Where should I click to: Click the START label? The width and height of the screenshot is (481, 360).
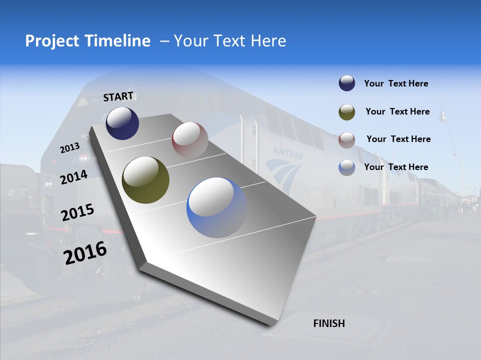(118, 96)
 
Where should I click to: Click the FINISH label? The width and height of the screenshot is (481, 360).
(329, 323)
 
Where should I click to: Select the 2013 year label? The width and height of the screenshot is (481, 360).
(70, 148)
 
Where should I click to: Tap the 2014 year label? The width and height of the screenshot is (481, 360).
(74, 177)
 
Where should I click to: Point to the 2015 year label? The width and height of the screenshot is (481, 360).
(77, 212)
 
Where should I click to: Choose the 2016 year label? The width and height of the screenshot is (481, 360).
(85, 252)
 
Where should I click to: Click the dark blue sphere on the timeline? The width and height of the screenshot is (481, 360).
(122, 123)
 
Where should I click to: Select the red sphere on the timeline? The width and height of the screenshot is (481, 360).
(190, 139)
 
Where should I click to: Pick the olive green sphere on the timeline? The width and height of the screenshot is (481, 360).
(145, 180)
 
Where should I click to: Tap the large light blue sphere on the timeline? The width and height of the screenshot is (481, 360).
(216, 207)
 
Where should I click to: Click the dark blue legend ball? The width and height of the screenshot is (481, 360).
(347, 83)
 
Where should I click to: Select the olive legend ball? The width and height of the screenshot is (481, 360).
(347, 111)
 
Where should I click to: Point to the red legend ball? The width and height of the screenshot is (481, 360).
(347, 139)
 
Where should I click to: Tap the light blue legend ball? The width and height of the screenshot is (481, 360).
(347, 167)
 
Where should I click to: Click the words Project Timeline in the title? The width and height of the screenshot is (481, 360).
(88, 41)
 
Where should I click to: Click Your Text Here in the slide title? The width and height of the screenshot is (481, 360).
(230, 41)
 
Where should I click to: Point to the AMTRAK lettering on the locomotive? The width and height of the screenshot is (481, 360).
(288, 153)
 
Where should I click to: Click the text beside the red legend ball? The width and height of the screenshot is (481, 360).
(398, 139)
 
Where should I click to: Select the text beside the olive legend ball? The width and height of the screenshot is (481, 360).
(397, 111)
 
